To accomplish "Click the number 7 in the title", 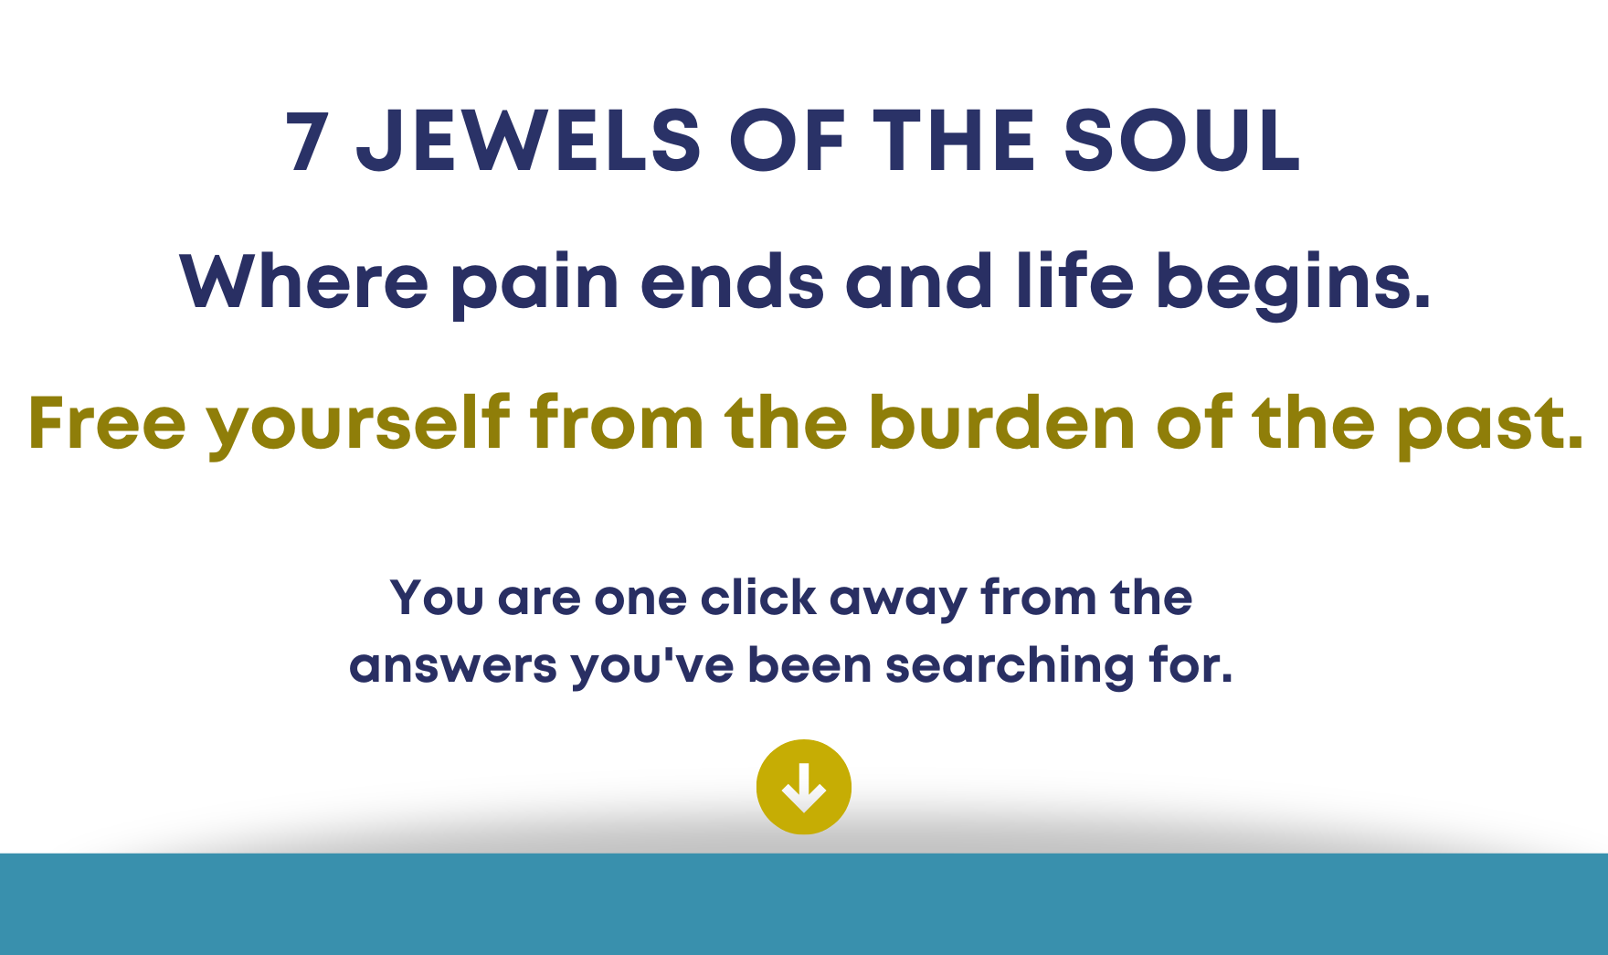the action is (307, 142).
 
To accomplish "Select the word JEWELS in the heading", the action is (529, 142).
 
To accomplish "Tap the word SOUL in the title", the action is (1181, 142).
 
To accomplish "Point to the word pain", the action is (535, 284).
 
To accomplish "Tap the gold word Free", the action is (108, 422).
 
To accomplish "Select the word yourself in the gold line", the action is (358, 425).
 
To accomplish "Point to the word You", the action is (437, 598).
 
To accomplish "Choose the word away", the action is (898, 600).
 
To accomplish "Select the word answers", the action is (453, 666).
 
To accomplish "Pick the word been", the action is (809, 664).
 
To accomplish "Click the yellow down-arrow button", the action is (804, 787).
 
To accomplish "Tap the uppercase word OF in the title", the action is (786, 142).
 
